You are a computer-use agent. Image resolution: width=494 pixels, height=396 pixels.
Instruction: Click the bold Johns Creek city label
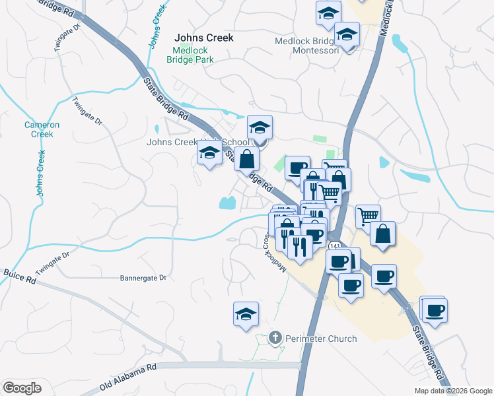point(203,38)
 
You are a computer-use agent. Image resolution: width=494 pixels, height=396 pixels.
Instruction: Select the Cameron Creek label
point(42,129)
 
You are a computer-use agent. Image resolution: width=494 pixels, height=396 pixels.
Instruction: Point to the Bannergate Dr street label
point(143,279)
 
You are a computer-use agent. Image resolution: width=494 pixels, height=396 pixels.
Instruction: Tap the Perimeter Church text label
point(321,339)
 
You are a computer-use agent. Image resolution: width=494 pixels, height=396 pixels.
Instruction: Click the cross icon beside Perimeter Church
point(276,339)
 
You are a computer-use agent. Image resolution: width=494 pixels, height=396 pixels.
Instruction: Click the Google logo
point(22,389)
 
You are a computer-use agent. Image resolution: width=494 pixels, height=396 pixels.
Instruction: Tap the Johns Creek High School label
point(198,141)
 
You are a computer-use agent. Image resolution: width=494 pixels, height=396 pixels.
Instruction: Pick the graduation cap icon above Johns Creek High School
point(260,127)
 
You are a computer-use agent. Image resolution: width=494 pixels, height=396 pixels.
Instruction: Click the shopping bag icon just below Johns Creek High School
point(246,158)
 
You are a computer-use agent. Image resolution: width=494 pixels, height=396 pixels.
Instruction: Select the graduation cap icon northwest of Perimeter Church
point(246,313)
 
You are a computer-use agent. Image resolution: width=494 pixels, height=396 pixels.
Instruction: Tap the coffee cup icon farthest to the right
point(434,310)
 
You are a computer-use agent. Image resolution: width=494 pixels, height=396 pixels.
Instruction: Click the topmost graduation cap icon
point(328,13)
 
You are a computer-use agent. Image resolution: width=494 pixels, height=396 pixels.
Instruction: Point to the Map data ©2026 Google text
point(452,391)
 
